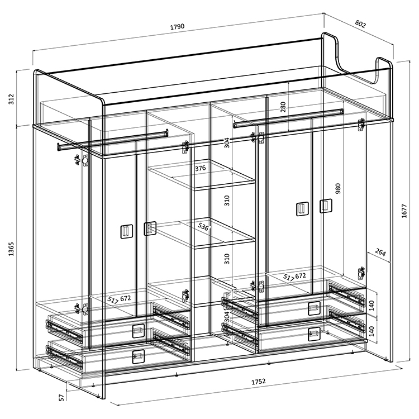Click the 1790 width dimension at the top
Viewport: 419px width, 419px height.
coord(178,26)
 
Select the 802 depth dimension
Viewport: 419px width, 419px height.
coord(360,24)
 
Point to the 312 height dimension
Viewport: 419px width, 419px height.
coord(11,99)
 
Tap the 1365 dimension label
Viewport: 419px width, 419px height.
coord(11,249)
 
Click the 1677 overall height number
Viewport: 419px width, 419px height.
coord(404,211)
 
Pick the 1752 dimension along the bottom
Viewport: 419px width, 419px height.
coord(259,382)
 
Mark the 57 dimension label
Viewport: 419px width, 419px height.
coord(61,398)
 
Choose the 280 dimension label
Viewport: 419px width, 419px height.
coord(283,107)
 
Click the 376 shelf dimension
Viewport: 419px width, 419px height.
coord(200,168)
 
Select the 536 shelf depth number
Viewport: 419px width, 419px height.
coord(203,227)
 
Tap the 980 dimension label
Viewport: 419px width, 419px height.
coord(338,188)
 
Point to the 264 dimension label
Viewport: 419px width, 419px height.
coord(380,252)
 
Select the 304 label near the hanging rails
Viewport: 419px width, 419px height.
coord(227,142)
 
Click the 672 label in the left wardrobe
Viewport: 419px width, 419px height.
coord(125,298)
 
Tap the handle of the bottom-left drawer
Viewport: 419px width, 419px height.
coord(139,356)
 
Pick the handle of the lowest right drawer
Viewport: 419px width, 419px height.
coord(314,334)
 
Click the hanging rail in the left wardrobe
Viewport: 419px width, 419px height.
coord(113,140)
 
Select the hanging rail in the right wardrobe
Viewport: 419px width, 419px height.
coord(289,118)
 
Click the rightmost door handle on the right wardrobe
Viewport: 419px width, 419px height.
coord(326,206)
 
